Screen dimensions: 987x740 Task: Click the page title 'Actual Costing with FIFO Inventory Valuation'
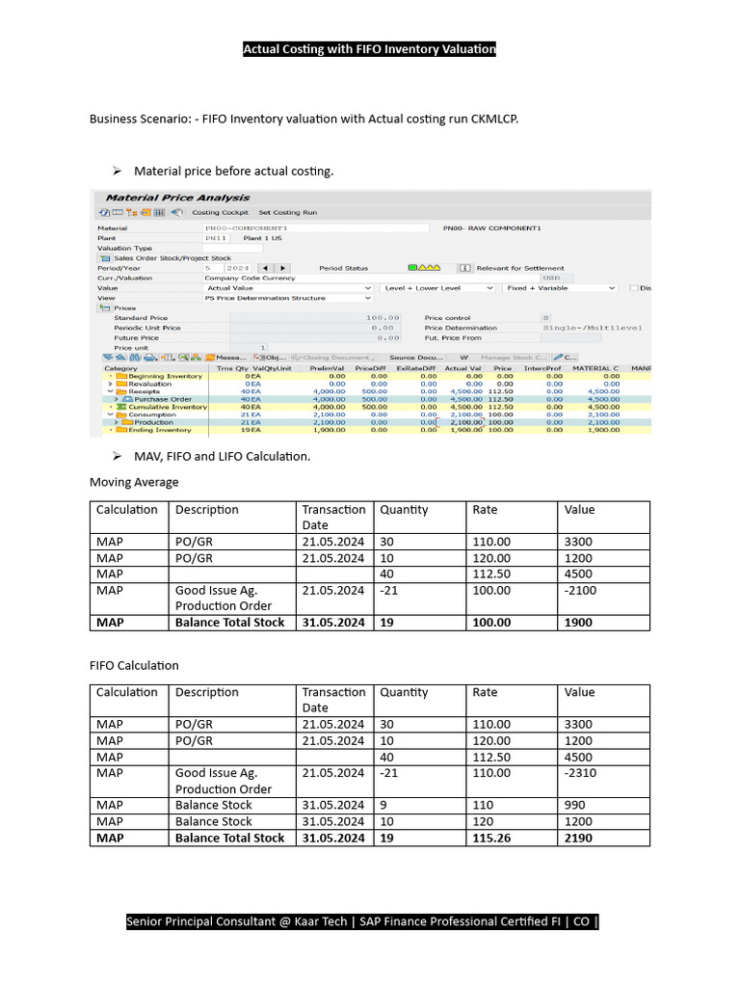369,49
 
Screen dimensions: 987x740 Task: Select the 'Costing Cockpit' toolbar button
220,212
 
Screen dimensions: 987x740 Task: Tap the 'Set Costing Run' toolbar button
288,212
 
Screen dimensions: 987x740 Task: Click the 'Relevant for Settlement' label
520,268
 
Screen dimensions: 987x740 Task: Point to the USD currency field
550,278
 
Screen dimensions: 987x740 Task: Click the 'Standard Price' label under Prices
141,317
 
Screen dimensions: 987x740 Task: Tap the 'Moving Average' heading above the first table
134,482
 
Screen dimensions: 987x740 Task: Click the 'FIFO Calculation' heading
134,665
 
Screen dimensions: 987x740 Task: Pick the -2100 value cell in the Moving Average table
581,590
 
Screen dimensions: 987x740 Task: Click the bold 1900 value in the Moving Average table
578,623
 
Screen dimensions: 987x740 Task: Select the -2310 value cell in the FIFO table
581,772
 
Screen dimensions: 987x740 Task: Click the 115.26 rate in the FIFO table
491,838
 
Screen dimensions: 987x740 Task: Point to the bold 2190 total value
578,838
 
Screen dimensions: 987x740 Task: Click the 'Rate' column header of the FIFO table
486,692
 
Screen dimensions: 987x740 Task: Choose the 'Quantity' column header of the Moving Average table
404,510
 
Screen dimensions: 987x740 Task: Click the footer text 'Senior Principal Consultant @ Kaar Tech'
237,921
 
